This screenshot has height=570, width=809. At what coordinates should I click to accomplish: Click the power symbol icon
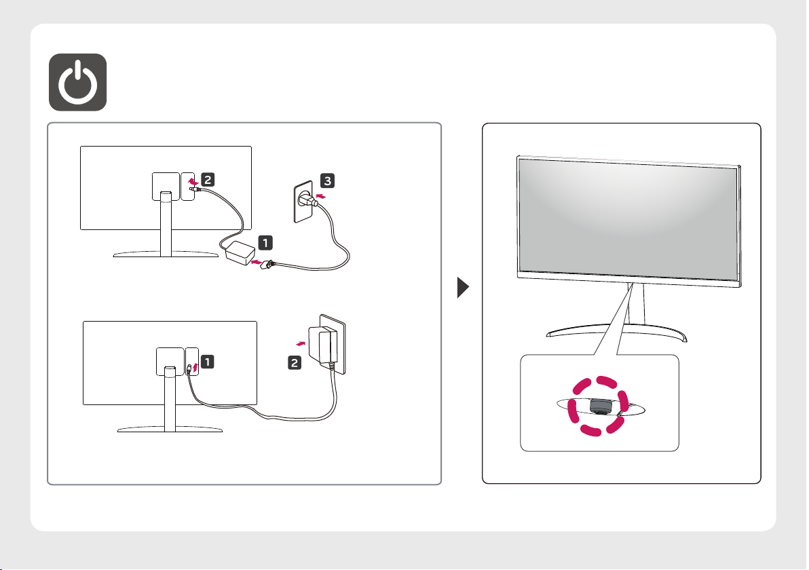click(x=77, y=82)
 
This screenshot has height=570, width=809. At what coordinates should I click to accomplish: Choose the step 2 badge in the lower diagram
click(x=295, y=364)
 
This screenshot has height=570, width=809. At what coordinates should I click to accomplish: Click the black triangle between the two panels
click(x=464, y=290)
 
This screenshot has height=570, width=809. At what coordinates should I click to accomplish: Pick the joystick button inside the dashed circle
click(x=599, y=406)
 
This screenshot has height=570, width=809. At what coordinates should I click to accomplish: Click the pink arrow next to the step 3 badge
click(x=322, y=197)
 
